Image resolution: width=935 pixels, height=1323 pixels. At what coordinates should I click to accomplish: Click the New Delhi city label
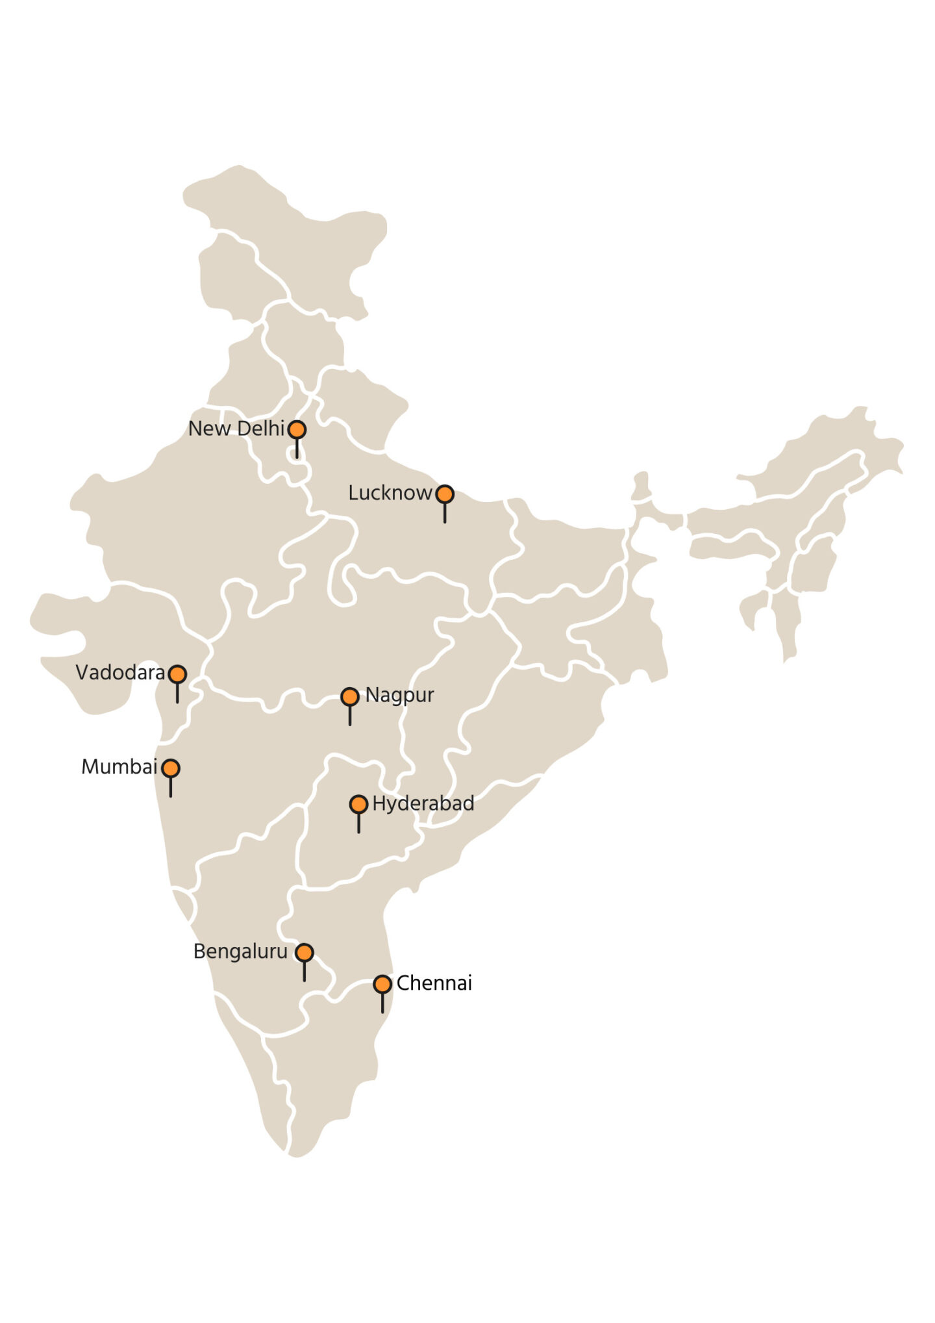[x=236, y=429]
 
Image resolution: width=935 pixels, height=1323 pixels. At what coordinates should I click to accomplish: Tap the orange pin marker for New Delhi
[x=297, y=429]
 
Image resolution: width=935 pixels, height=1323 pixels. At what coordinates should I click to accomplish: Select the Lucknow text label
[x=390, y=493]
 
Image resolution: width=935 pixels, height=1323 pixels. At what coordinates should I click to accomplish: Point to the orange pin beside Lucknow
[x=445, y=494]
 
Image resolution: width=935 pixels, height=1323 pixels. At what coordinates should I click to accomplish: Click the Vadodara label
[x=120, y=672]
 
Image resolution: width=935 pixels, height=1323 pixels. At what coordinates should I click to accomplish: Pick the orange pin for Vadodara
[x=177, y=674]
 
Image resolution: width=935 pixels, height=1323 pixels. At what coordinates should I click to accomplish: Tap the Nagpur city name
[x=399, y=695]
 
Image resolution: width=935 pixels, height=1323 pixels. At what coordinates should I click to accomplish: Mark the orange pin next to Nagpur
[x=350, y=697]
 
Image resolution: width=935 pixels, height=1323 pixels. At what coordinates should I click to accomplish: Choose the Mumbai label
[x=119, y=767]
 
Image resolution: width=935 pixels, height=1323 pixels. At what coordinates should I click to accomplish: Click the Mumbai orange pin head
[x=171, y=768]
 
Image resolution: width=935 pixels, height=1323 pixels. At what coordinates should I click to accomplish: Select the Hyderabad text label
[x=423, y=803]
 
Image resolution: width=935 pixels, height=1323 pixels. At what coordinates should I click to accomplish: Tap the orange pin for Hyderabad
[x=358, y=805]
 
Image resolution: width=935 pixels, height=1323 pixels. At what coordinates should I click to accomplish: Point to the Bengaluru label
[x=240, y=951]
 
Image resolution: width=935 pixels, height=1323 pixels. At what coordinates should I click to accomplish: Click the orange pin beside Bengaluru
[x=304, y=953]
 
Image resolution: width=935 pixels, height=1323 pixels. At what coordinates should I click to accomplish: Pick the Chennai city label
[x=434, y=983]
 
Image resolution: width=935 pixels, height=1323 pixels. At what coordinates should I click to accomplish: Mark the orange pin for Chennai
[x=382, y=984]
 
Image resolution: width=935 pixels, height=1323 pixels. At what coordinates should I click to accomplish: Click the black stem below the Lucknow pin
[x=445, y=513]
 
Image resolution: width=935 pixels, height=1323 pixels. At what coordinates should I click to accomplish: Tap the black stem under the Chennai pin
[x=382, y=1003]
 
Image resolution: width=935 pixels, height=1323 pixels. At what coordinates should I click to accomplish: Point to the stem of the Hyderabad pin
[x=358, y=824]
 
